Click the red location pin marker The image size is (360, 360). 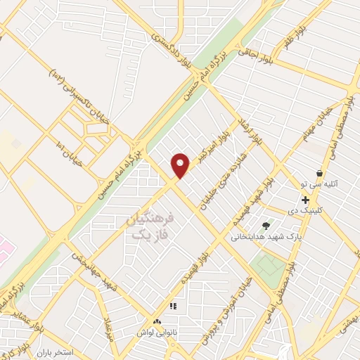[x=181, y=165]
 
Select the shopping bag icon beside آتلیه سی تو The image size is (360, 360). [x=320, y=173]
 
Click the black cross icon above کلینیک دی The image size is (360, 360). [x=305, y=200]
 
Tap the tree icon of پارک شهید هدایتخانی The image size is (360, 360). [x=266, y=226]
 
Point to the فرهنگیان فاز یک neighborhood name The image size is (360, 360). [x=148, y=226]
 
